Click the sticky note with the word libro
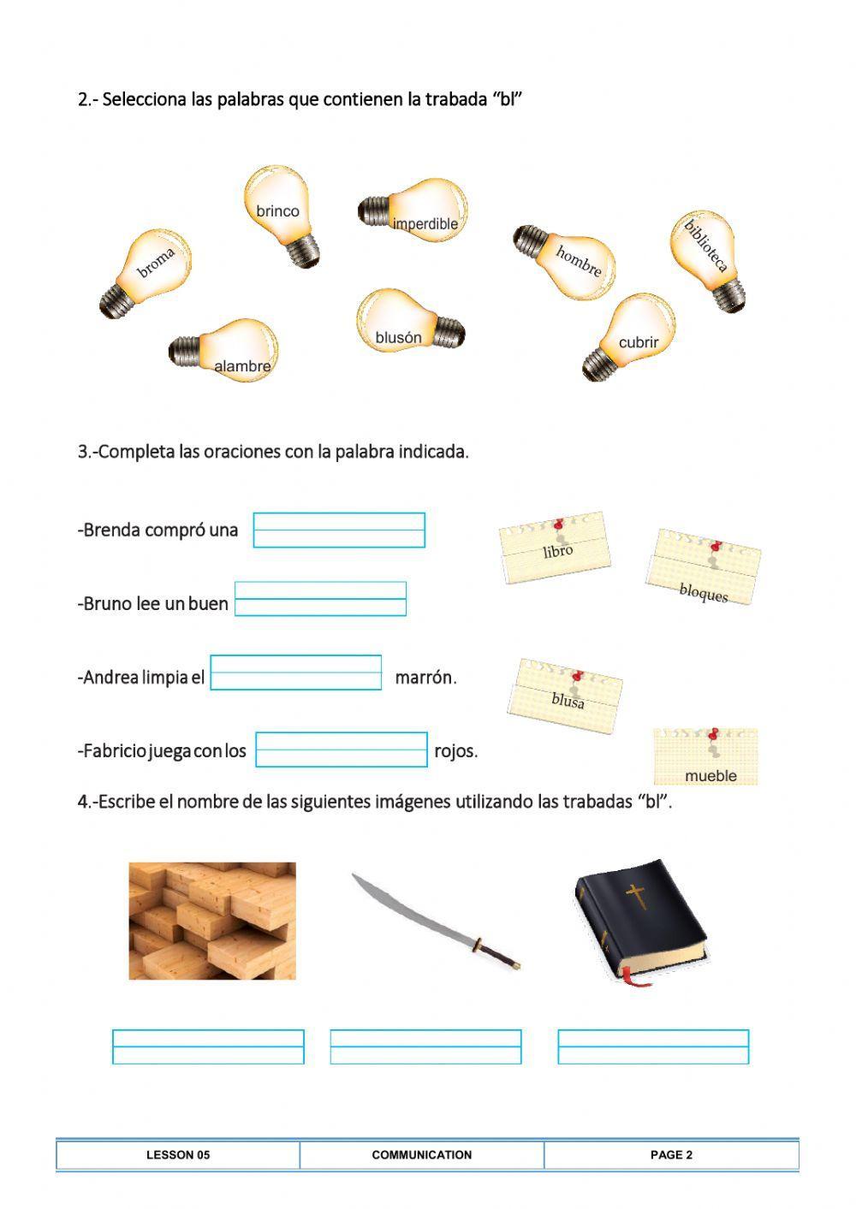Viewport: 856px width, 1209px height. click(x=556, y=548)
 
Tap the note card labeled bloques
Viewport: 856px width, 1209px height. click(x=704, y=569)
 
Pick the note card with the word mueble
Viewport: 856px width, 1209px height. click(x=706, y=757)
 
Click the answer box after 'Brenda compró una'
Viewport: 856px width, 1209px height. click(x=339, y=530)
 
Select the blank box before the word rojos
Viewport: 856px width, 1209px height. click(x=342, y=750)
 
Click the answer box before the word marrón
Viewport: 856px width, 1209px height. click(x=296, y=673)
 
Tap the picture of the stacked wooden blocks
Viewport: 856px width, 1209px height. click(x=212, y=921)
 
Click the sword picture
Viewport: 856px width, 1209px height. click(x=437, y=920)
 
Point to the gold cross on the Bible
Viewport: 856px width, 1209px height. click(x=635, y=895)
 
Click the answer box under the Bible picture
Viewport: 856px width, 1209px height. click(x=653, y=1046)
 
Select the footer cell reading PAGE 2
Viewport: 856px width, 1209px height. click(x=671, y=1154)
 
